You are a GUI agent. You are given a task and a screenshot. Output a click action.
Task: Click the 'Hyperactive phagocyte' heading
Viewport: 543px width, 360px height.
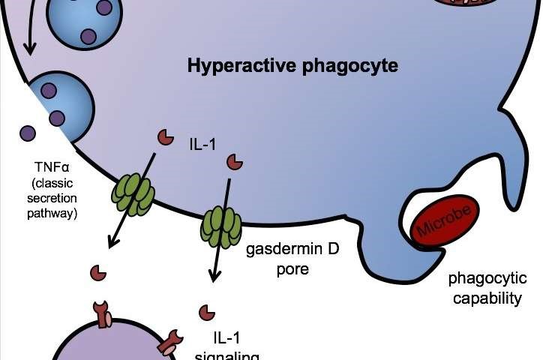point(292,66)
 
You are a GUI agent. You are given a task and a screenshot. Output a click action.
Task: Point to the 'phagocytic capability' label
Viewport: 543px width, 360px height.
point(485,289)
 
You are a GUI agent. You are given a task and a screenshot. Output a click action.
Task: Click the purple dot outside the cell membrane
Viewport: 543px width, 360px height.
point(28,133)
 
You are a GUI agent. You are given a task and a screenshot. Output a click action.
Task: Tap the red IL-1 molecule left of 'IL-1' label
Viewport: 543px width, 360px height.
point(163,136)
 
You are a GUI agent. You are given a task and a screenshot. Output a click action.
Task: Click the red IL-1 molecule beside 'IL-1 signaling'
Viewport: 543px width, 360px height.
point(203,310)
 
